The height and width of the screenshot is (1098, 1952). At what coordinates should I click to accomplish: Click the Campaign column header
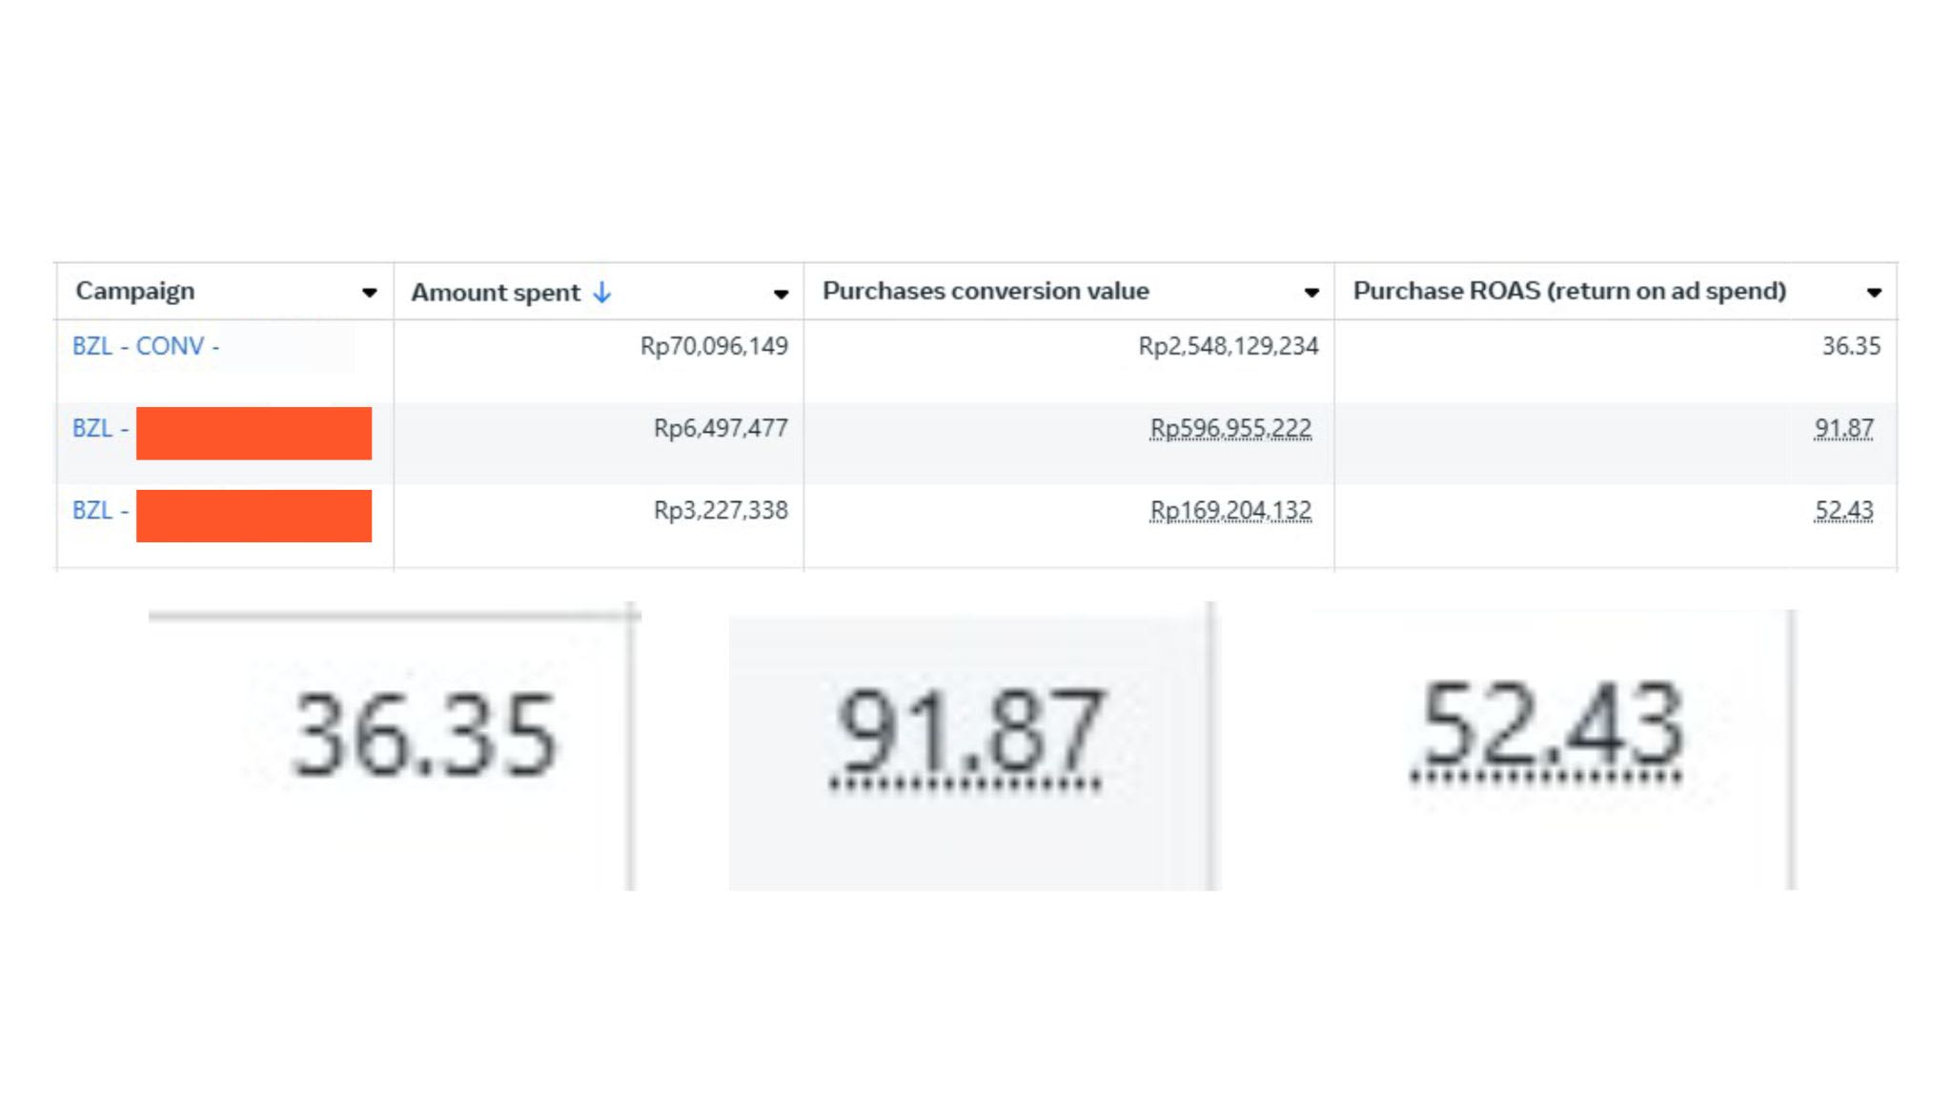134,292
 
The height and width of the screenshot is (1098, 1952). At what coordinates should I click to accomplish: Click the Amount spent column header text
495,294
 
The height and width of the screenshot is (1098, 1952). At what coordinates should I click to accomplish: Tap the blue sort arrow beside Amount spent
601,293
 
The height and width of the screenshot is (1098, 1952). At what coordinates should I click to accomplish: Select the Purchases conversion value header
986,291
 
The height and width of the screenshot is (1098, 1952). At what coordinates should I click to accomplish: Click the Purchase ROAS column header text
1569,291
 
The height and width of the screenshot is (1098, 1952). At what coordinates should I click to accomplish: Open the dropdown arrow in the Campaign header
369,294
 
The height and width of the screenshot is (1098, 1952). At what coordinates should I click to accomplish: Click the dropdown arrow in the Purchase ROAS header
1874,293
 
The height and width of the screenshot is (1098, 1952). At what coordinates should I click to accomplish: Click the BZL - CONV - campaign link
146,346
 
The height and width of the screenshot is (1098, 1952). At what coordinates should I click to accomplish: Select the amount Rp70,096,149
714,346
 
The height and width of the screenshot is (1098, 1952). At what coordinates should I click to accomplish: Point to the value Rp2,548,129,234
1229,346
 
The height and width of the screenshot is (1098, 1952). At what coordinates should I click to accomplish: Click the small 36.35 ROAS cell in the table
1851,346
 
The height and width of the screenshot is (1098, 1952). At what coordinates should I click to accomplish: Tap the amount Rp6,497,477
721,428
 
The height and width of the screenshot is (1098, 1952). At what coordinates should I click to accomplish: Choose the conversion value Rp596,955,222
1230,429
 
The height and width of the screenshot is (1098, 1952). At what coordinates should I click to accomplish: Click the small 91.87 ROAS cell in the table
1843,429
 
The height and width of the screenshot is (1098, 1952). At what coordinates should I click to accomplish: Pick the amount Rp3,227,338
721,510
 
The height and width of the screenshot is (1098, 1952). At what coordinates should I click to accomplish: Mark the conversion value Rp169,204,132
1230,511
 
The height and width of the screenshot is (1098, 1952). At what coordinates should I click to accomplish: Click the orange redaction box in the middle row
254,434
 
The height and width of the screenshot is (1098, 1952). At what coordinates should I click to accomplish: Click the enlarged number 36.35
424,734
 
